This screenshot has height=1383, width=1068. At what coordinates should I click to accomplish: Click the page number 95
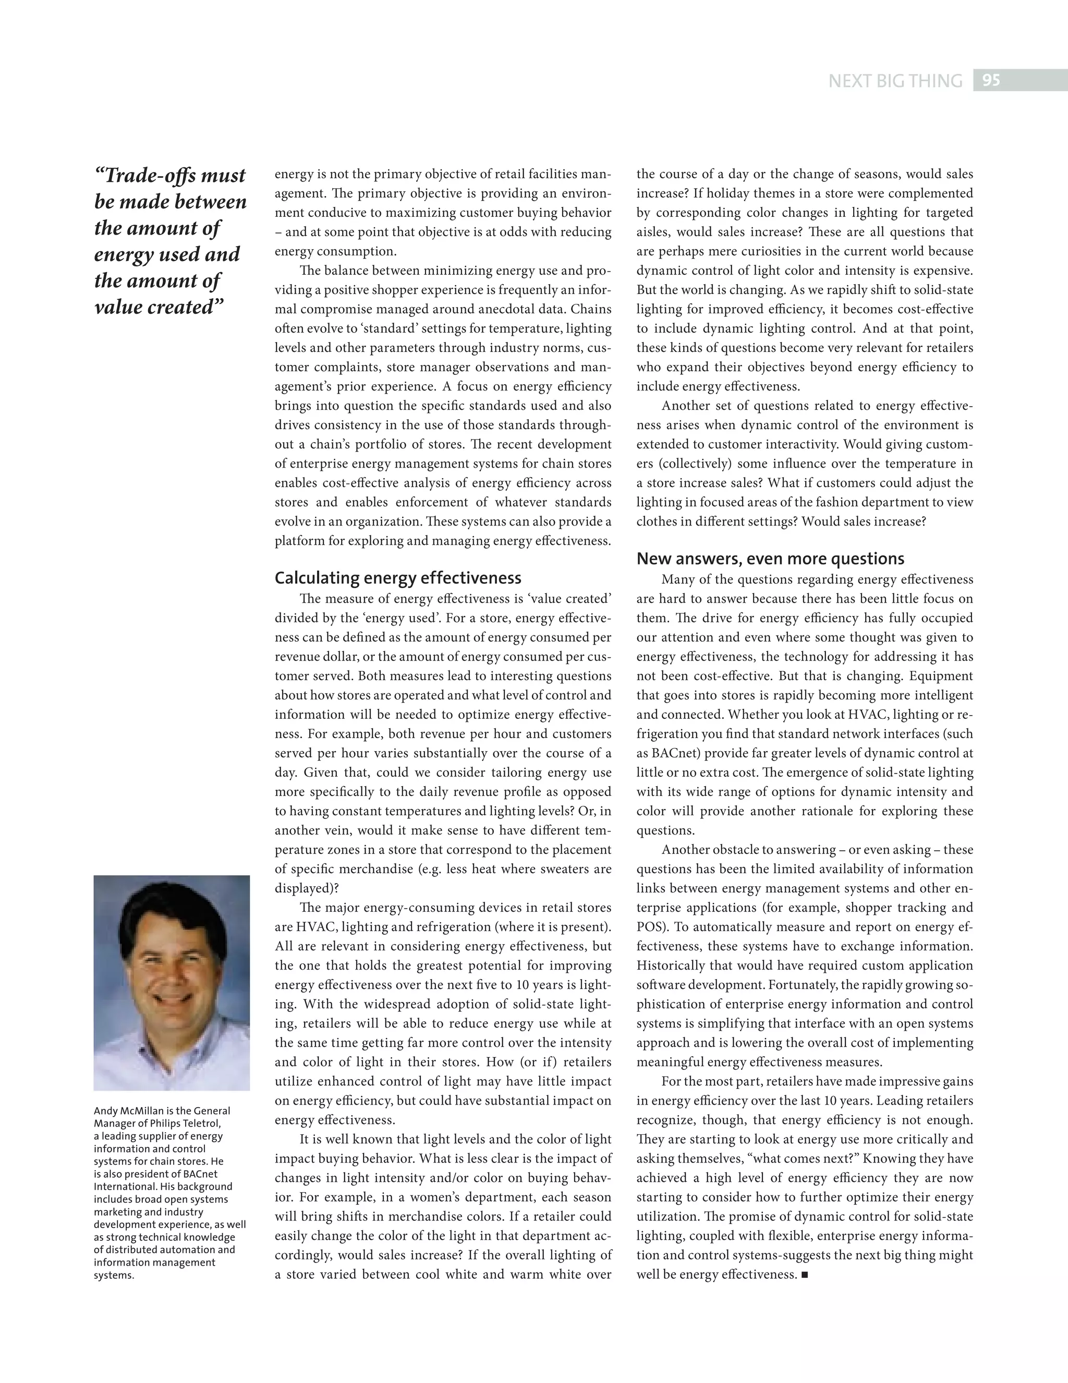[x=991, y=80]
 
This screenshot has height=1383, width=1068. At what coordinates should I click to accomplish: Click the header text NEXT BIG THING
[x=895, y=81]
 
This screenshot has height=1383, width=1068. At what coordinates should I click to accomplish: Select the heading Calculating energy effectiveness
[x=398, y=578]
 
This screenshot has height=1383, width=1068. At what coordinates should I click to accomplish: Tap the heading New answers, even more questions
[x=770, y=558]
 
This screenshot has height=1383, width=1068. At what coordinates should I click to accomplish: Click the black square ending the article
[x=805, y=1274]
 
